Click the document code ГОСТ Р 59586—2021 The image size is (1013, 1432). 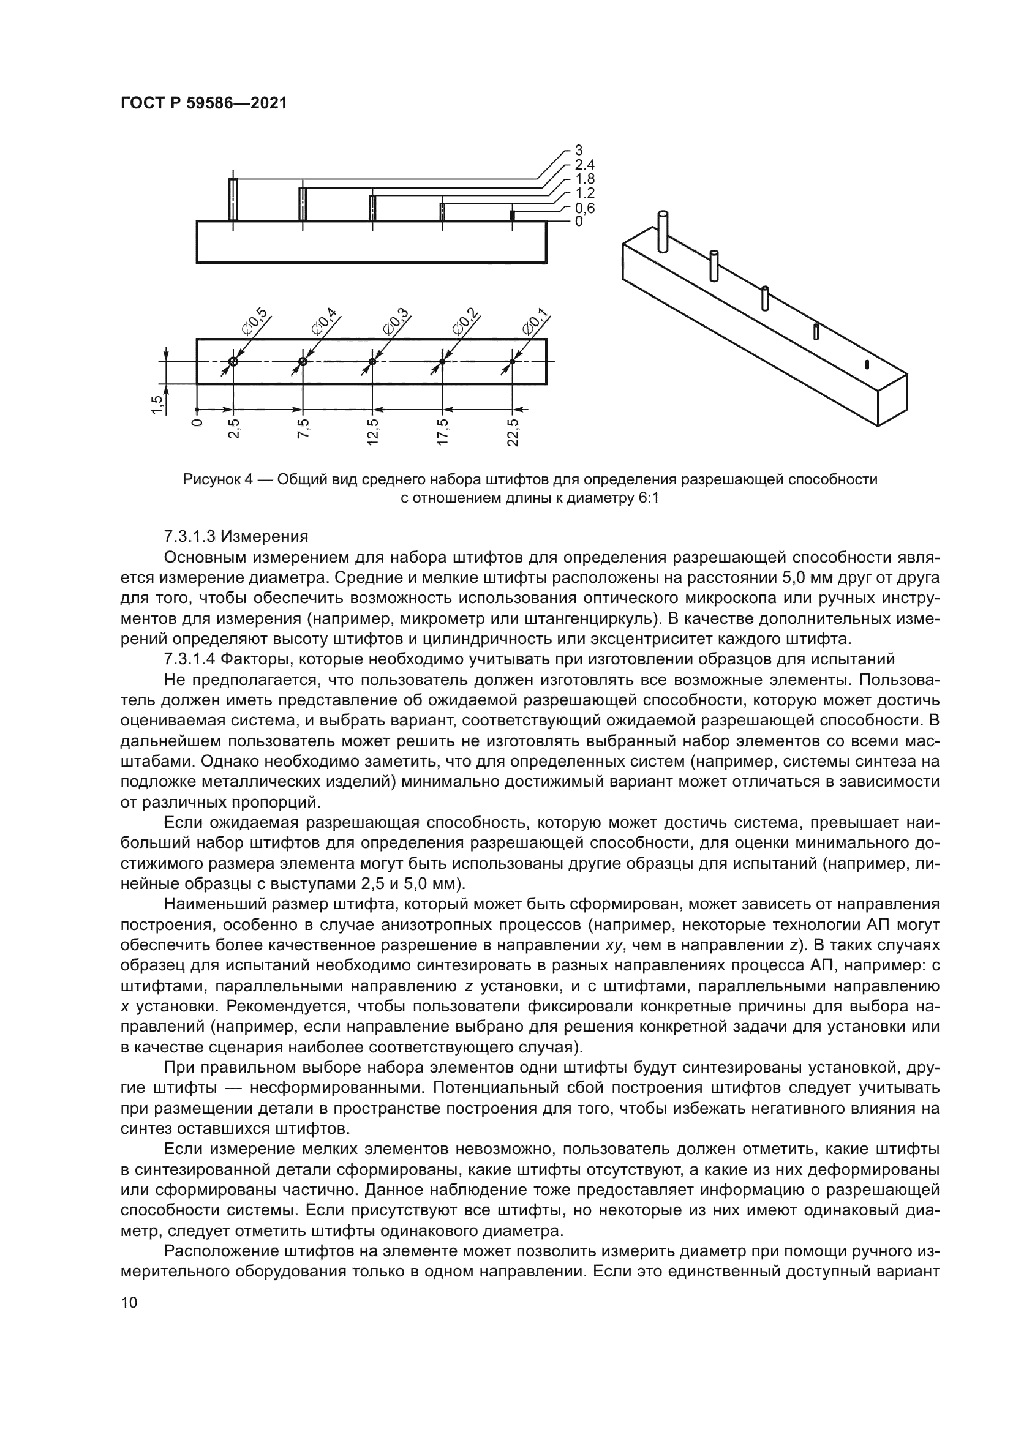point(203,103)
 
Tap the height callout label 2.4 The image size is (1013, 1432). point(584,165)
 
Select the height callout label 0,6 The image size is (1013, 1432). point(584,208)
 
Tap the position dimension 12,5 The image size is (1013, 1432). point(373,432)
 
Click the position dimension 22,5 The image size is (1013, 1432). point(513,432)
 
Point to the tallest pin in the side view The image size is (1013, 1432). point(233,200)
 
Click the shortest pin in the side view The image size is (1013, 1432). point(512,216)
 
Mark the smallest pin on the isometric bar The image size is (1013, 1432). point(867,364)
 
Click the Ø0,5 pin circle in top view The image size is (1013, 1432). point(233,362)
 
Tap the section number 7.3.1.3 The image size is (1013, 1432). point(189,536)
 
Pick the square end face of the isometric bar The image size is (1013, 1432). point(892,400)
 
